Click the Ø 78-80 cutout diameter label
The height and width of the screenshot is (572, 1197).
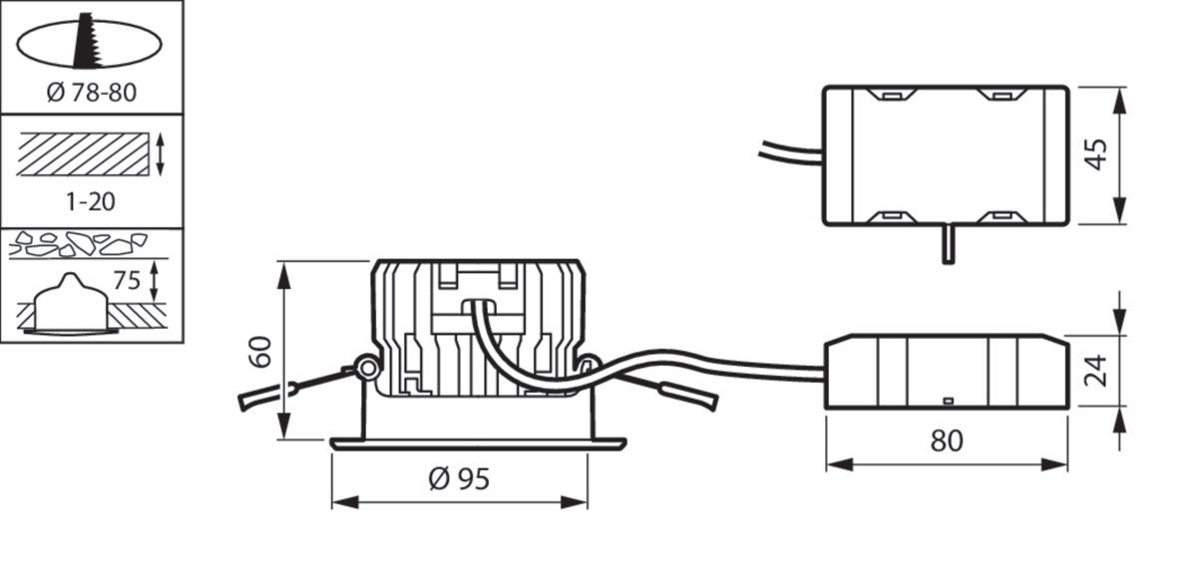point(90,94)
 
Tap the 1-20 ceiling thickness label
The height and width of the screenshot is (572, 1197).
point(90,201)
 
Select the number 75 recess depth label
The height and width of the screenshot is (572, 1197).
point(127,280)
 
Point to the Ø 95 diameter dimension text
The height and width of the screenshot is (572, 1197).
point(459,479)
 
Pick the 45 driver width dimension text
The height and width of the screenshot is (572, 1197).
point(1096,154)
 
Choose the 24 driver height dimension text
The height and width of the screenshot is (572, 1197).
point(1096,371)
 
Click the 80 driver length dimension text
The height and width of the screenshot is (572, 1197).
point(946,440)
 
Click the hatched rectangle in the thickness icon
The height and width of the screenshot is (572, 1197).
point(83,154)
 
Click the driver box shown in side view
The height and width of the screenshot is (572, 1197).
point(945,372)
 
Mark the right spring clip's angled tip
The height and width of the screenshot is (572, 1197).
point(703,400)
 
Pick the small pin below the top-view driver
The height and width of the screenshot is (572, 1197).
point(947,244)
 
